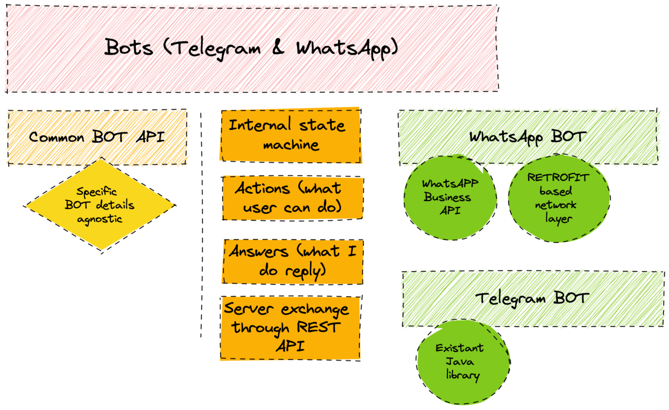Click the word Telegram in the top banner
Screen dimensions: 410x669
pos(216,49)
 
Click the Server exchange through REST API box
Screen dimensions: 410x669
pos(290,328)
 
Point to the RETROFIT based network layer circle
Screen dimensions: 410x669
pos(559,198)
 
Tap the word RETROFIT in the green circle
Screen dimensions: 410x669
pos(558,178)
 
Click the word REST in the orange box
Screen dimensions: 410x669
pos(318,327)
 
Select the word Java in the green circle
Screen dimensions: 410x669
pos(460,362)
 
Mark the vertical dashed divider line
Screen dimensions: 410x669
pos(202,225)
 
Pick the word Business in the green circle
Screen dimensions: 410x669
pos(447,197)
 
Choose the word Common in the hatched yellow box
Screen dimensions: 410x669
pos(56,137)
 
